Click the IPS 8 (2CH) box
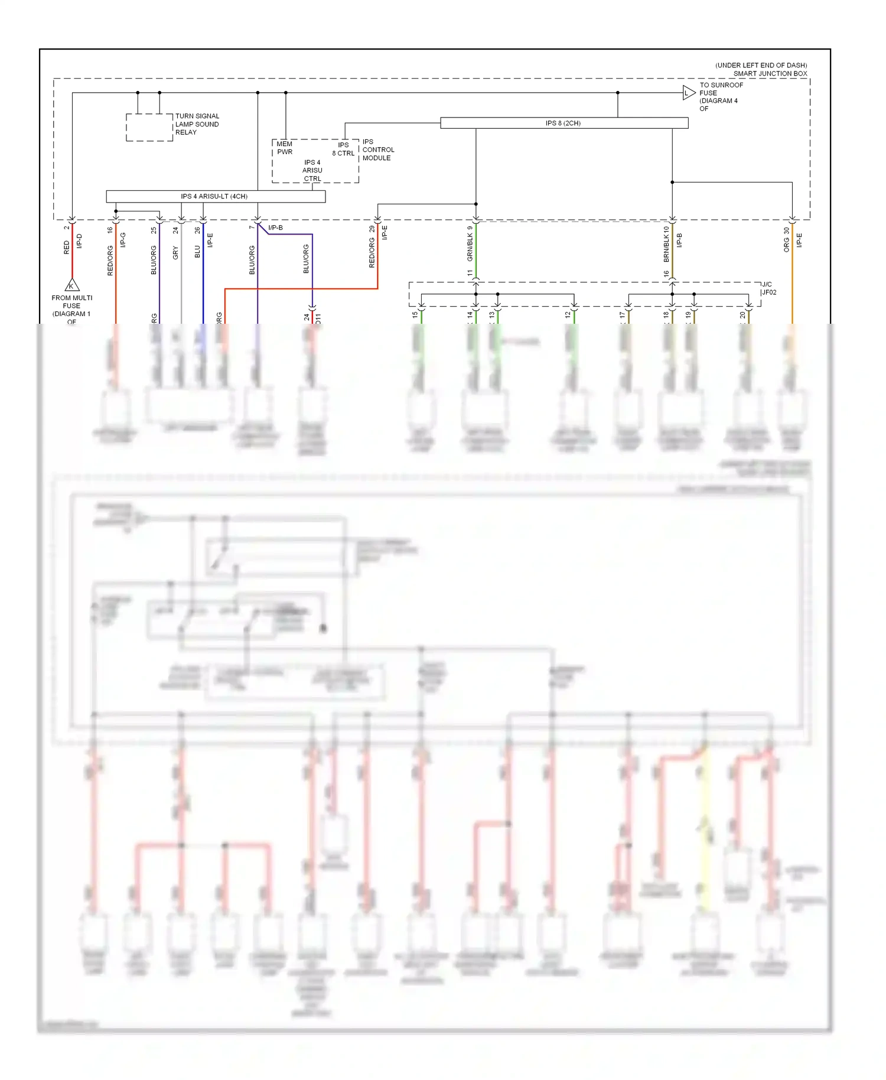563,123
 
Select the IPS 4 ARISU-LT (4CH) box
215,196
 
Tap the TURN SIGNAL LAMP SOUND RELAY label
197,124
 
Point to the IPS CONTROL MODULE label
378,150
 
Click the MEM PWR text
285,148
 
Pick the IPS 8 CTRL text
343,149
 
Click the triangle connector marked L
688,93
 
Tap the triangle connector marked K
71,285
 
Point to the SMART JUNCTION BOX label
770,74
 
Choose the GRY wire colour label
175,253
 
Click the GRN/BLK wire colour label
470,247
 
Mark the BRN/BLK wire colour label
666,248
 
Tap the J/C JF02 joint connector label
768,288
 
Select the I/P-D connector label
80,241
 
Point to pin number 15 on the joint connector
415,315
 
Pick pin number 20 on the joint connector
742,315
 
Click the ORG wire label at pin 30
786,245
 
